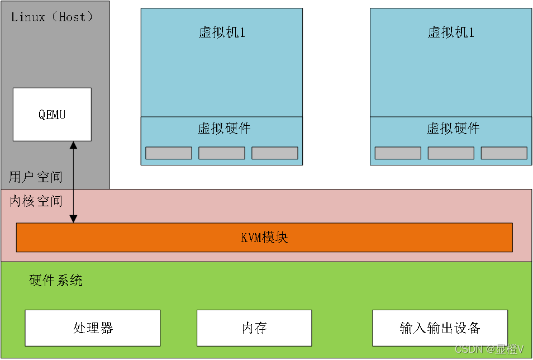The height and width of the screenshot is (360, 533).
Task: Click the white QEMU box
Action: click(52, 115)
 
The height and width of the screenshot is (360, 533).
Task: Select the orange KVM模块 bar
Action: click(264, 238)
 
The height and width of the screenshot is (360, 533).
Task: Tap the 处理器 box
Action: click(93, 328)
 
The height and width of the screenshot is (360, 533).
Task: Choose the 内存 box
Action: click(254, 328)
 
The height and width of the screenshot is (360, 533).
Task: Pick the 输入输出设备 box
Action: click(440, 328)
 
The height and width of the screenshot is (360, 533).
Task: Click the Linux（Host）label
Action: click(52, 17)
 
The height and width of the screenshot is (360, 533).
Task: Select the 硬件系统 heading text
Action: click(56, 281)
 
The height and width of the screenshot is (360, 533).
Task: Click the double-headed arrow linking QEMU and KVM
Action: click(73, 182)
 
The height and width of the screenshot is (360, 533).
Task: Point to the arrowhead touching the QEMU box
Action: click(73, 145)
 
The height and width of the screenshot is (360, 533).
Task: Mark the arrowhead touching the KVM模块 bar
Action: click(73, 219)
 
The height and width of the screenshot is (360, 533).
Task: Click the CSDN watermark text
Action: click(489, 349)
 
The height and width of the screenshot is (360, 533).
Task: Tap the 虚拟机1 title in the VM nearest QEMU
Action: click(222, 32)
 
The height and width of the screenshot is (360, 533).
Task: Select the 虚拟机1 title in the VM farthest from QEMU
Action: click(451, 32)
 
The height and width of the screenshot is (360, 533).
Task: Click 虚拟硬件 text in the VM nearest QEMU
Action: click(224, 129)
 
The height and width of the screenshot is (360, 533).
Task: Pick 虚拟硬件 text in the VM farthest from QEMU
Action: click(453, 129)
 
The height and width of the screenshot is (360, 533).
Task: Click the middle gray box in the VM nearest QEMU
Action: click(222, 153)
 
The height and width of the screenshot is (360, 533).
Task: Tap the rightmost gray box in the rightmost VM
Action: click(504, 153)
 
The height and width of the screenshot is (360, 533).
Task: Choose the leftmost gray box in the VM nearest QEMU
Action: click(169, 153)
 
